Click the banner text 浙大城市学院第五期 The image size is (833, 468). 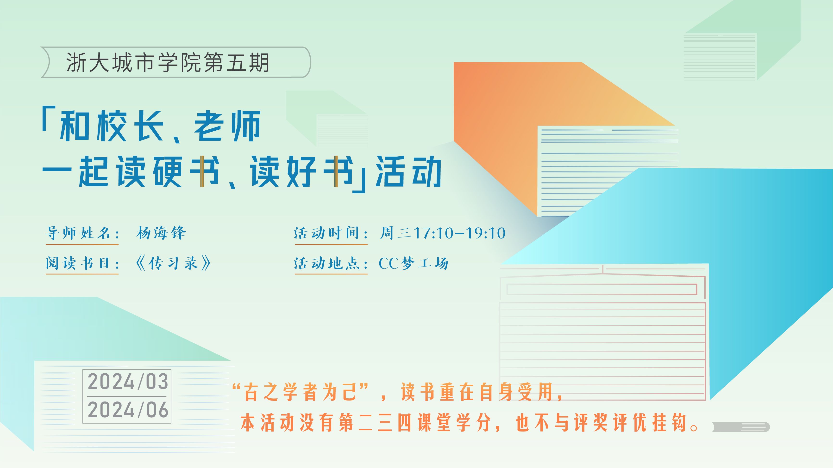[x=168, y=62]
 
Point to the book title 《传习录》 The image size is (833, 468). [x=173, y=263]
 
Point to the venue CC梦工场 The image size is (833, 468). [x=413, y=263]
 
